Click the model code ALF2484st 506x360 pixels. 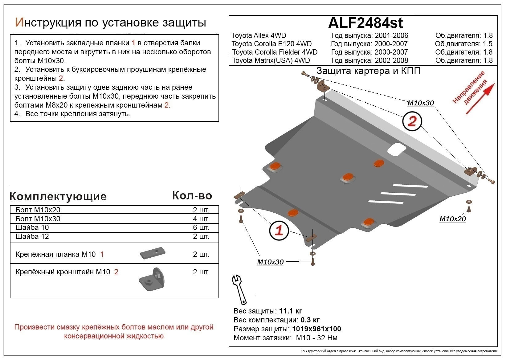tap(365, 23)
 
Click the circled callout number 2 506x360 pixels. tap(412, 121)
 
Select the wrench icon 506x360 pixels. tap(239, 289)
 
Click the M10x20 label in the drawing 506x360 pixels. tap(452, 219)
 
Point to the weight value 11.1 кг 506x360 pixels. tap(290, 311)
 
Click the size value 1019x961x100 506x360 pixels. tap(316, 329)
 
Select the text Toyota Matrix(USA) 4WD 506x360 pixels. tap(271, 60)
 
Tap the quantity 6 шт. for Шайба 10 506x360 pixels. tap(201, 227)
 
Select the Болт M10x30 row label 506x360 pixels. tap(38, 219)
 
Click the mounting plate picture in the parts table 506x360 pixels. tap(153, 254)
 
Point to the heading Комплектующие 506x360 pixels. tap(58, 196)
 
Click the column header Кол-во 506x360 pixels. tap(192, 195)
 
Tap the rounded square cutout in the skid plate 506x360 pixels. tap(397, 149)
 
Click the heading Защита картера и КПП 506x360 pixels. tap(368, 71)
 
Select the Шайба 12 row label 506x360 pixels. tap(32, 236)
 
